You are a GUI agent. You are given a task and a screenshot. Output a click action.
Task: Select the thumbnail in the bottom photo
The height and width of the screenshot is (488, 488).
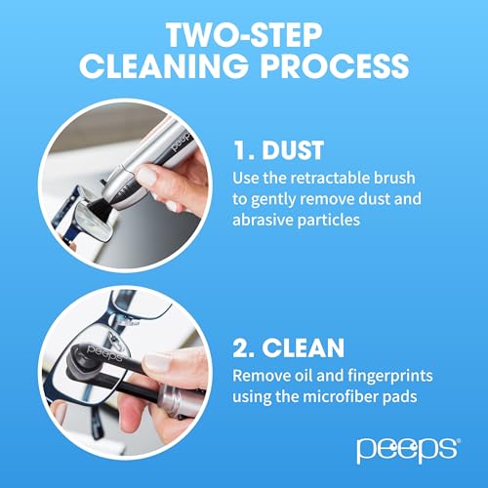166,363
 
